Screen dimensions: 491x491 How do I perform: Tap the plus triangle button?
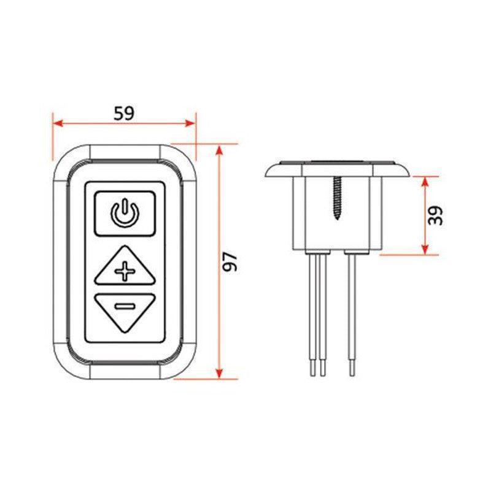click(x=124, y=268)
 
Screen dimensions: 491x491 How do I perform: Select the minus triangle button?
click(x=124, y=310)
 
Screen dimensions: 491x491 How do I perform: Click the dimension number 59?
click(x=124, y=113)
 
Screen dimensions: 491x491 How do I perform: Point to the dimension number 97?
click(x=230, y=261)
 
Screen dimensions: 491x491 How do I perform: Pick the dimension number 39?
click(x=436, y=215)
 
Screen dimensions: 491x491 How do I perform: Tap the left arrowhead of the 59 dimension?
click(x=56, y=123)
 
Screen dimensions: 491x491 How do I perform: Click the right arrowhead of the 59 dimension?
click(x=191, y=123)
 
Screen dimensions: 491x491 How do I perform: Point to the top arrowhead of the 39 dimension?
click(x=424, y=179)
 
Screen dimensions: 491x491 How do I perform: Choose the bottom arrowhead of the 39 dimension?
click(x=424, y=251)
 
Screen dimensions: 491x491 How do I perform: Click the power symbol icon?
click(x=124, y=213)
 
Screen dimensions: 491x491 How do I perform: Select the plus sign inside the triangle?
click(x=125, y=271)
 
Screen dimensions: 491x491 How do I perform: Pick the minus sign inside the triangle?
click(x=125, y=305)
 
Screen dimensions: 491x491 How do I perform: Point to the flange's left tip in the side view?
click(x=266, y=173)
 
